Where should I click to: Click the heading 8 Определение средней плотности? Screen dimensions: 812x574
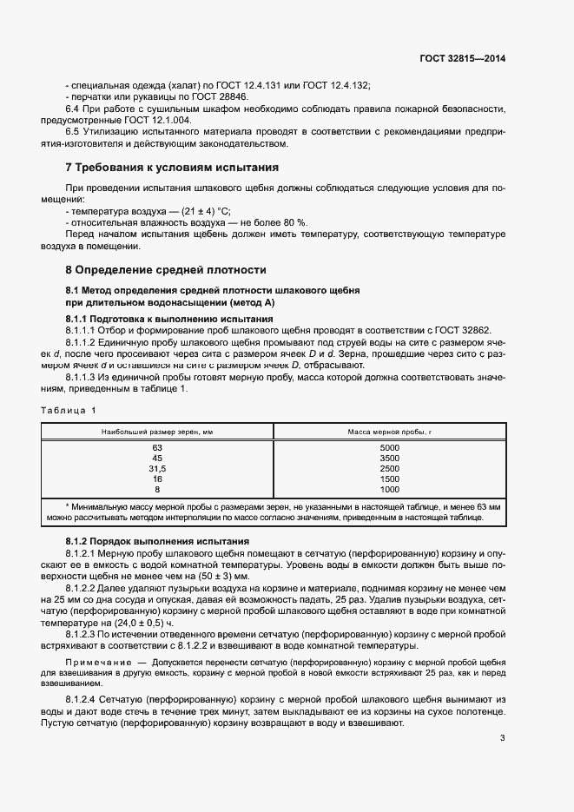[x=166, y=270]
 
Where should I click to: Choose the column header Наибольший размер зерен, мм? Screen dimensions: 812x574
[x=157, y=431]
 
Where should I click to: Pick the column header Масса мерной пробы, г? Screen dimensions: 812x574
[x=389, y=431]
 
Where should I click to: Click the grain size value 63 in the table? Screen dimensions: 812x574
[x=157, y=447]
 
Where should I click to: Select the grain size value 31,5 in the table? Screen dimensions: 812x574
[x=157, y=468]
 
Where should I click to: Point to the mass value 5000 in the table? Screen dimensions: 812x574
[x=389, y=447]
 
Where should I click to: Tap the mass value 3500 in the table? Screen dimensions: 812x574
[x=389, y=458]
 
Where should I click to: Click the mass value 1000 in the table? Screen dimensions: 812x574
[x=389, y=489]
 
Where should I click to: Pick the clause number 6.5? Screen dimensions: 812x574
[x=74, y=130]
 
